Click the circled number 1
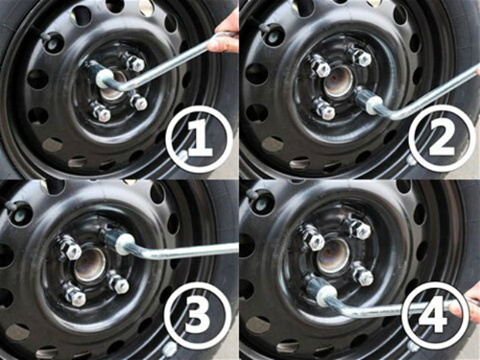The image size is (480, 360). tap(199, 140)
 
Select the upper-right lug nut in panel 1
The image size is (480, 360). tap(135, 63)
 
